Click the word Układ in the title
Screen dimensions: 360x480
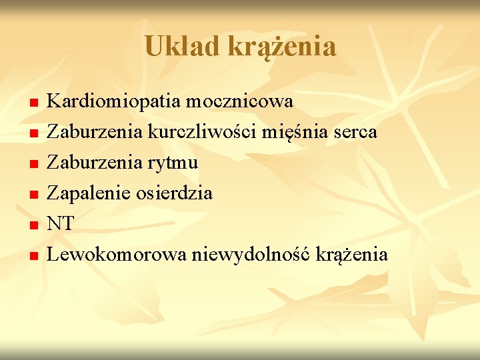tap(181, 46)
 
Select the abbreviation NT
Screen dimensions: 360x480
tap(61, 224)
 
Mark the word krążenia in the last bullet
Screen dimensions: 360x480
tap(352, 255)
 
